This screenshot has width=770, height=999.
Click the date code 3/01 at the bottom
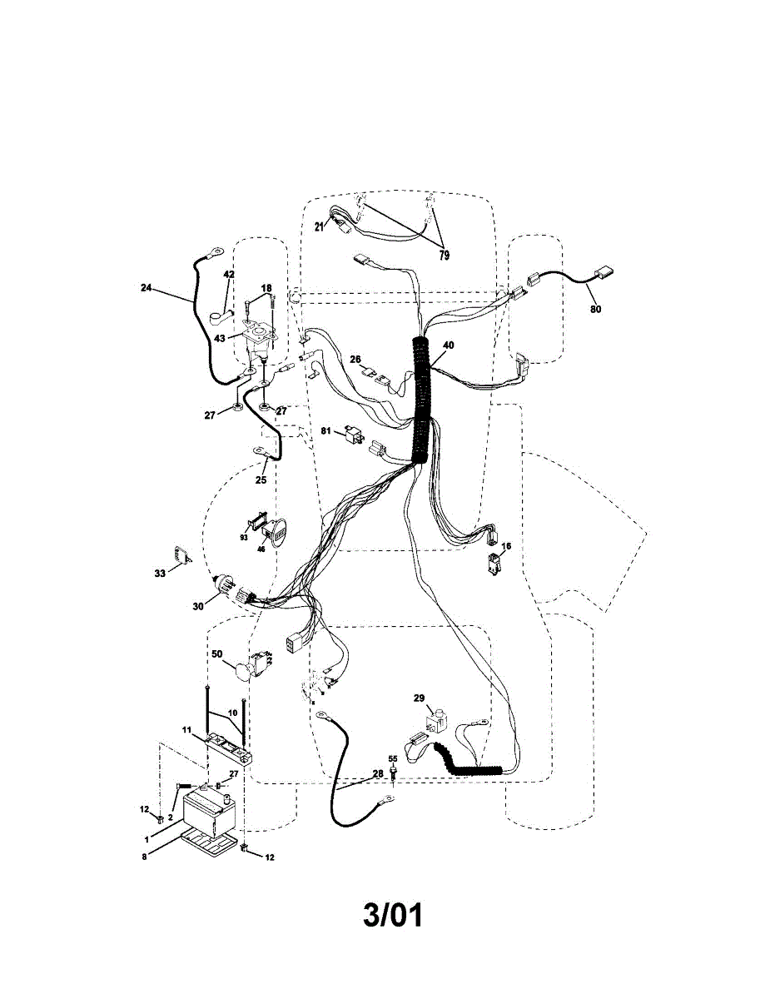coord(393,916)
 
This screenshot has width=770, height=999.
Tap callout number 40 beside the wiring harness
coord(449,345)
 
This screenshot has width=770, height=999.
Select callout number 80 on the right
coord(595,309)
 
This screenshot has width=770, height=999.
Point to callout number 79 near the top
coord(444,256)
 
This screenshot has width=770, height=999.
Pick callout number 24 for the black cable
coord(147,287)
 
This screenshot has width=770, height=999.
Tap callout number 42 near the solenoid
coord(229,274)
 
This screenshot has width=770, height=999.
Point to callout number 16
coord(506,546)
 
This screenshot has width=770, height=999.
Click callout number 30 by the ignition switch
coord(197,606)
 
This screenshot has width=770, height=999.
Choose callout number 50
coord(216,654)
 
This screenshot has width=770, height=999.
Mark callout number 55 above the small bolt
coord(393,758)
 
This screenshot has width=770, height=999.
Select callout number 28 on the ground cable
coord(378,774)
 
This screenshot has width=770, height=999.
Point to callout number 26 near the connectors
coord(355,360)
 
